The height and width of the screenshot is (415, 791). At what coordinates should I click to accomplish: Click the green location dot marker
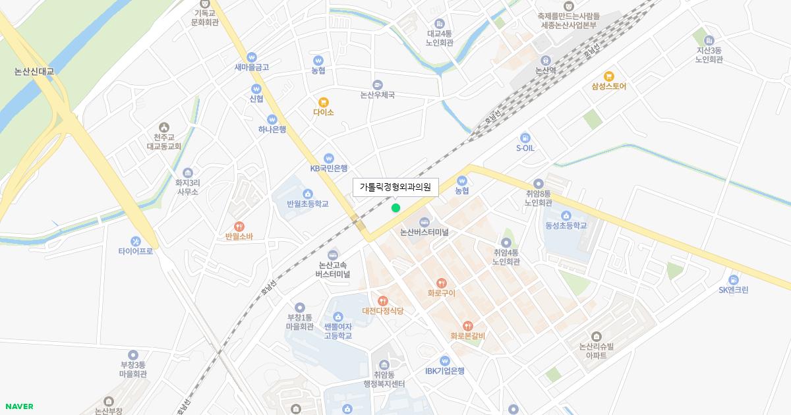395,208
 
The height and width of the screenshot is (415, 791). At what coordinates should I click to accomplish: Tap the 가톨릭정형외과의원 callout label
395,187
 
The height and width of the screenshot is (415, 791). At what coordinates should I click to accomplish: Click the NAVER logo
19,406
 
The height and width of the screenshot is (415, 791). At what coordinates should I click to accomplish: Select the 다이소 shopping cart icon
323,102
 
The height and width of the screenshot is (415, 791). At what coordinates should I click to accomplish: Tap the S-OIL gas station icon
525,138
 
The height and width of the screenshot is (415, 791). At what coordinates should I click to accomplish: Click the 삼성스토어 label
608,86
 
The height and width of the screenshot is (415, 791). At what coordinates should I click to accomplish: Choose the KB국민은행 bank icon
329,158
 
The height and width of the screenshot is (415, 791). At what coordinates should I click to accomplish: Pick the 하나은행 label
272,130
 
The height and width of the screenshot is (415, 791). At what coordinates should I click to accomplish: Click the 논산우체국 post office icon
377,84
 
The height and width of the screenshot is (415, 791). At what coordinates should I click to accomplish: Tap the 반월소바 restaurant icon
239,227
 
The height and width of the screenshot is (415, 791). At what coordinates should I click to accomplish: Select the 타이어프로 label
136,251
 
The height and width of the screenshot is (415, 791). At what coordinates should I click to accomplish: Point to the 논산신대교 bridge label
34,71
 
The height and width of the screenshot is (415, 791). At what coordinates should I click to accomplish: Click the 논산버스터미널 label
424,233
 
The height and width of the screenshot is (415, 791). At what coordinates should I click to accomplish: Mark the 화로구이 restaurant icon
442,283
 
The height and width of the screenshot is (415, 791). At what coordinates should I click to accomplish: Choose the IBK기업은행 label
445,371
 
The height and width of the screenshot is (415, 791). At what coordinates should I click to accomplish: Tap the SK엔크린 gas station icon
734,280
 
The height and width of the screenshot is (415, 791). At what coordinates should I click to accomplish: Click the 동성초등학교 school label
566,225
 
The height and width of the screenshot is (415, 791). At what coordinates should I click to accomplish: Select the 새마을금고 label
252,67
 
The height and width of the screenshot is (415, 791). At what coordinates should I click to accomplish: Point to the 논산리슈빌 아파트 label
596,350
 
